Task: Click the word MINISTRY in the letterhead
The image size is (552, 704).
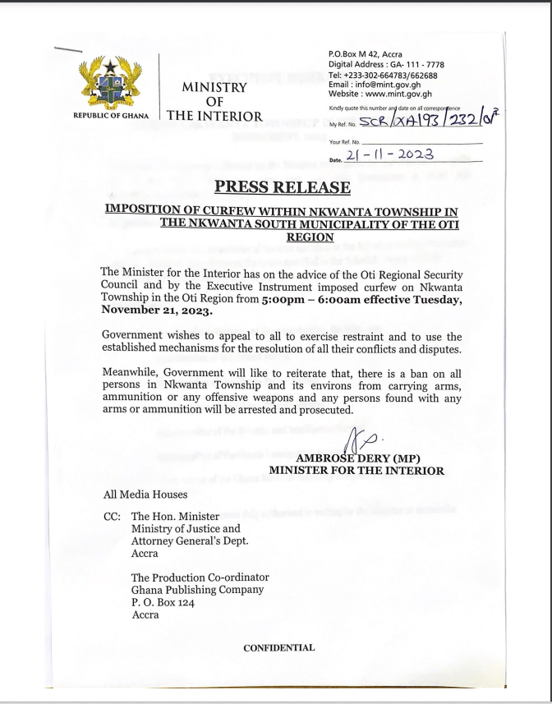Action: click(214, 87)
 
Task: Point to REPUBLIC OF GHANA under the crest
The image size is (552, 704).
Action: click(110, 116)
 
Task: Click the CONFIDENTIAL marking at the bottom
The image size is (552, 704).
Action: click(278, 647)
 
